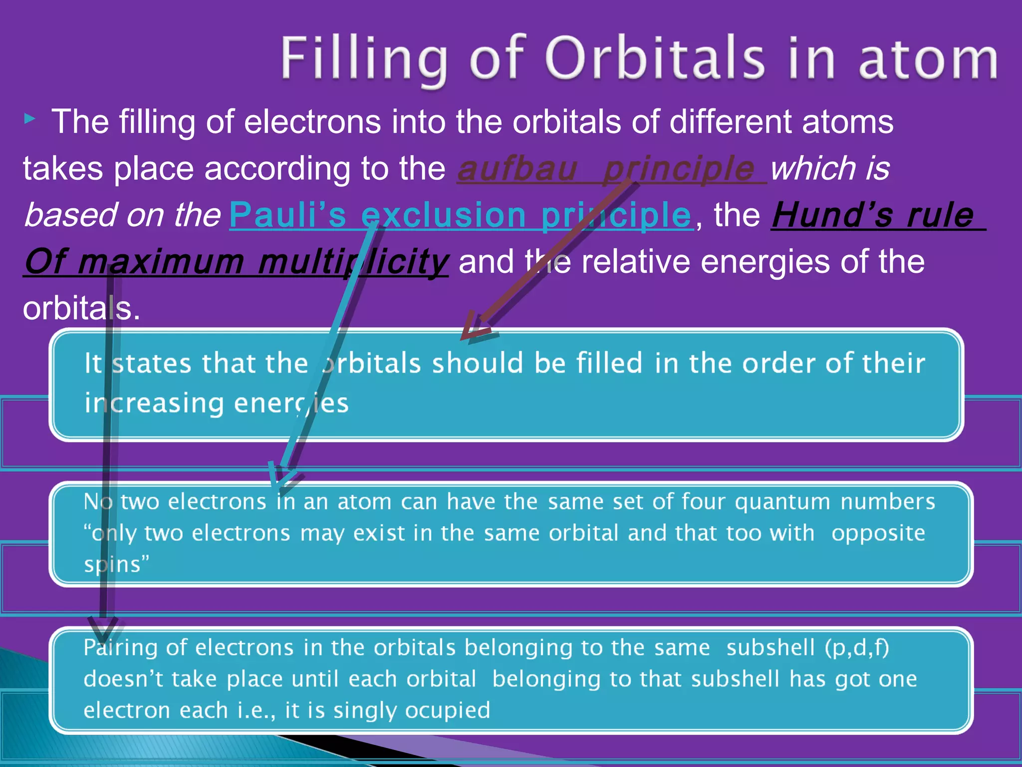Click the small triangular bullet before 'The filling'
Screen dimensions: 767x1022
(30, 119)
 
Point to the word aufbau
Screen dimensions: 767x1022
(517, 169)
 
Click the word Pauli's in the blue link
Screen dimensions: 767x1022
(287, 215)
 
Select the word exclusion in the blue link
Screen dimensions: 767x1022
(444, 215)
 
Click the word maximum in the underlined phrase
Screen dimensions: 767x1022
(161, 262)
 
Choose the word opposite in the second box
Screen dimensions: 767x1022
(878, 533)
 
